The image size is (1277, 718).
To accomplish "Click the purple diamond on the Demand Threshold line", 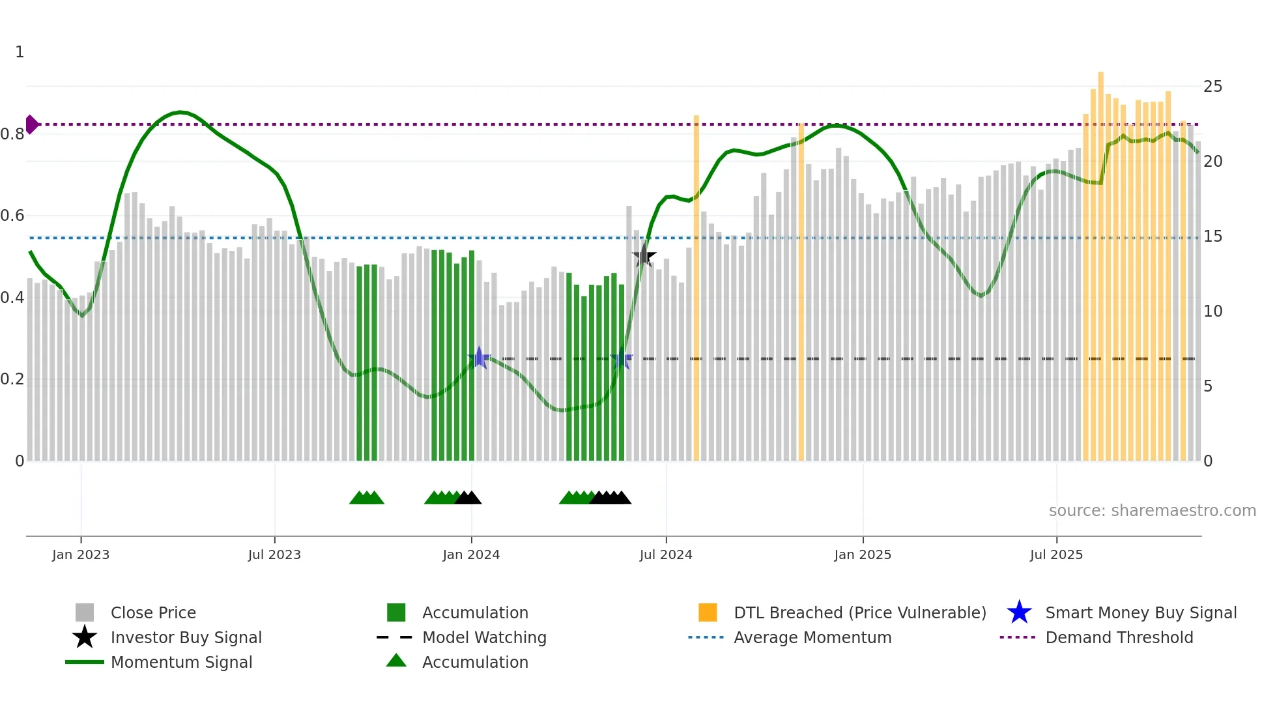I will [32, 124].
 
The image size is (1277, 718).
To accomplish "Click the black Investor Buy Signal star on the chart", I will [644, 256].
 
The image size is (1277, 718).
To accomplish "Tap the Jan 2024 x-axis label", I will [471, 554].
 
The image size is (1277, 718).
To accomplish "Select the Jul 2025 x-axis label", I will [1056, 554].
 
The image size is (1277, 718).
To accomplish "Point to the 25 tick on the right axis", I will [1212, 87].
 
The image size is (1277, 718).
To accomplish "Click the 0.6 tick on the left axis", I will [13, 216].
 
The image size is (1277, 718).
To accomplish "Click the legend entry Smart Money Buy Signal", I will [1140, 612].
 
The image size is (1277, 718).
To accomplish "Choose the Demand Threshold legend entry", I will [1119, 637].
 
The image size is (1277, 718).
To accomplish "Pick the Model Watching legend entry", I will [483, 637].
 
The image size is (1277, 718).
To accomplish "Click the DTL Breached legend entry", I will [859, 612].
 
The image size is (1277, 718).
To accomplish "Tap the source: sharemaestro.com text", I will [1152, 510].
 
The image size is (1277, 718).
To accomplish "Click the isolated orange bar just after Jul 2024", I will [696, 287].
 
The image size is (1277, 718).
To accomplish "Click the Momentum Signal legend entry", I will [181, 662].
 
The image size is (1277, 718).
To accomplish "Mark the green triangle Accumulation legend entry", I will [474, 662].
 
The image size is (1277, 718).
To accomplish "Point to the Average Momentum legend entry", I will [812, 637].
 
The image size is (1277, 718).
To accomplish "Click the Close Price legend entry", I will [152, 612].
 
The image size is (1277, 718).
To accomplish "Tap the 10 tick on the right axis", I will [1212, 311].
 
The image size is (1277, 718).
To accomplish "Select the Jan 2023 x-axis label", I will [81, 554].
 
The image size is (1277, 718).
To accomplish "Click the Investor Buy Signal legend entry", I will [186, 637].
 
